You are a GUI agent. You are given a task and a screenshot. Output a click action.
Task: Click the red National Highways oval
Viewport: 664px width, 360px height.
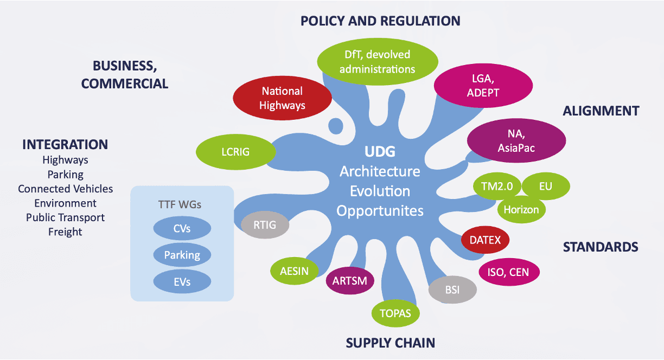click(x=282, y=98)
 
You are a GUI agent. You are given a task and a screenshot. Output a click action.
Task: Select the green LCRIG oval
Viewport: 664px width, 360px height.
click(x=235, y=151)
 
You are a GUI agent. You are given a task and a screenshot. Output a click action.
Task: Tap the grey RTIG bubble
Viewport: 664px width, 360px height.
click(x=265, y=225)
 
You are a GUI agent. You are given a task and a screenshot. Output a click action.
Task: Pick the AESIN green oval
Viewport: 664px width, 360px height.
click(x=294, y=271)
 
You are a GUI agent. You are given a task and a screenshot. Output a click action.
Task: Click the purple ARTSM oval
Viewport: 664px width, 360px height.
click(x=350, y=280)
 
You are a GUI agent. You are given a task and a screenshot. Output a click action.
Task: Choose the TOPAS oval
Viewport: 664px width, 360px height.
click(x=395, y=313)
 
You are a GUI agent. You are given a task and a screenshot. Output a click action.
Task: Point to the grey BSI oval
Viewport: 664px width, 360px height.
click(x=452, y=290)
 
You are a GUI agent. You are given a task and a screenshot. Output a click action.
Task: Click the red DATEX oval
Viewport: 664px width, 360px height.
click(x=485, y=239)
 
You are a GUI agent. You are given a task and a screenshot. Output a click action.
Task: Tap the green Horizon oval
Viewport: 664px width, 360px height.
click(x=521, y=209)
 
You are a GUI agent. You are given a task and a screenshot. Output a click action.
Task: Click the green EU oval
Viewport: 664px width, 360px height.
click(x=545, y=187)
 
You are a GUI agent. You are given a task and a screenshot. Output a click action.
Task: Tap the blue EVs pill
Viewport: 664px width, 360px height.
click(x=182, y=281)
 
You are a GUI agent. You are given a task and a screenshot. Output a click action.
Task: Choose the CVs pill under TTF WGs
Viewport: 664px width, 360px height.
click(x=182, y=229)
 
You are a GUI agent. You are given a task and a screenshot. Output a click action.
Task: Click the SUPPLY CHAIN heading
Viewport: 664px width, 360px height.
click(x=391, y=343)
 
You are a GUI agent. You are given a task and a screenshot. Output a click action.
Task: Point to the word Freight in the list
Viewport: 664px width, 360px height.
click(x=65, y=232)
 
